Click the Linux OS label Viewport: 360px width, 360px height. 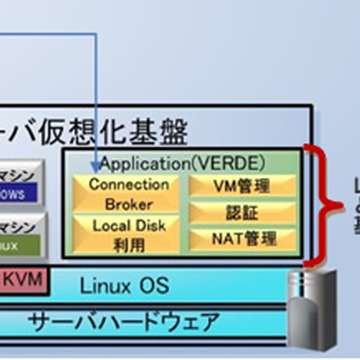[x=124, y=285]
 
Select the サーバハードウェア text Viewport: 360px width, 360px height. [x=124, y=322]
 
